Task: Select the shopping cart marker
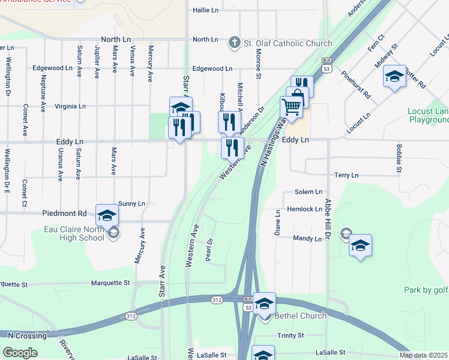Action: (291, 108)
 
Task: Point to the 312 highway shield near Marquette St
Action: (217, 299)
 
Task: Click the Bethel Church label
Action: (300, 316)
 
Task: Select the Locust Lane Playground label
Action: (428, 115)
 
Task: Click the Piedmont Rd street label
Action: (65, 214)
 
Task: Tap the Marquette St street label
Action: (110, 283)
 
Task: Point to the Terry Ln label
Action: (346, 175)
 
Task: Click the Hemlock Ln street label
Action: (304, 209)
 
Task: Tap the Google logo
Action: (20, 353)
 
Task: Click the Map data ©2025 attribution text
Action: (423, 355)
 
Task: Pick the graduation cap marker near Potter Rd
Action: (394, 77)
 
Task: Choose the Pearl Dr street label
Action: (209, 250)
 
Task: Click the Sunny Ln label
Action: (132, 204)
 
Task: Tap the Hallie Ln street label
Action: (206, 10)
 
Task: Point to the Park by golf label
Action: (426, 290)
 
